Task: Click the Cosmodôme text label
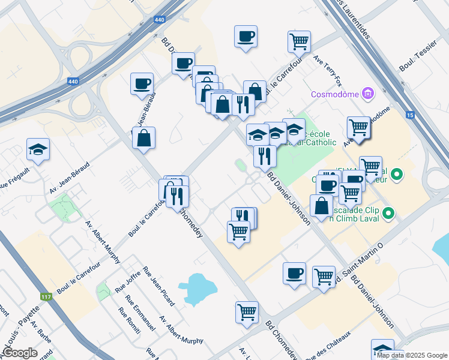(x=334, y=95)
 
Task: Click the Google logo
(x=20, y=353)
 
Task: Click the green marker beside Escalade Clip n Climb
(x=388, y=213)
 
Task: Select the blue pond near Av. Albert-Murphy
(x=199, y=289)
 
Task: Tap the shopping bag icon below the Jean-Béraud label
(x=144, y=139)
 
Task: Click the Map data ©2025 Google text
(x=412, y=355)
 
